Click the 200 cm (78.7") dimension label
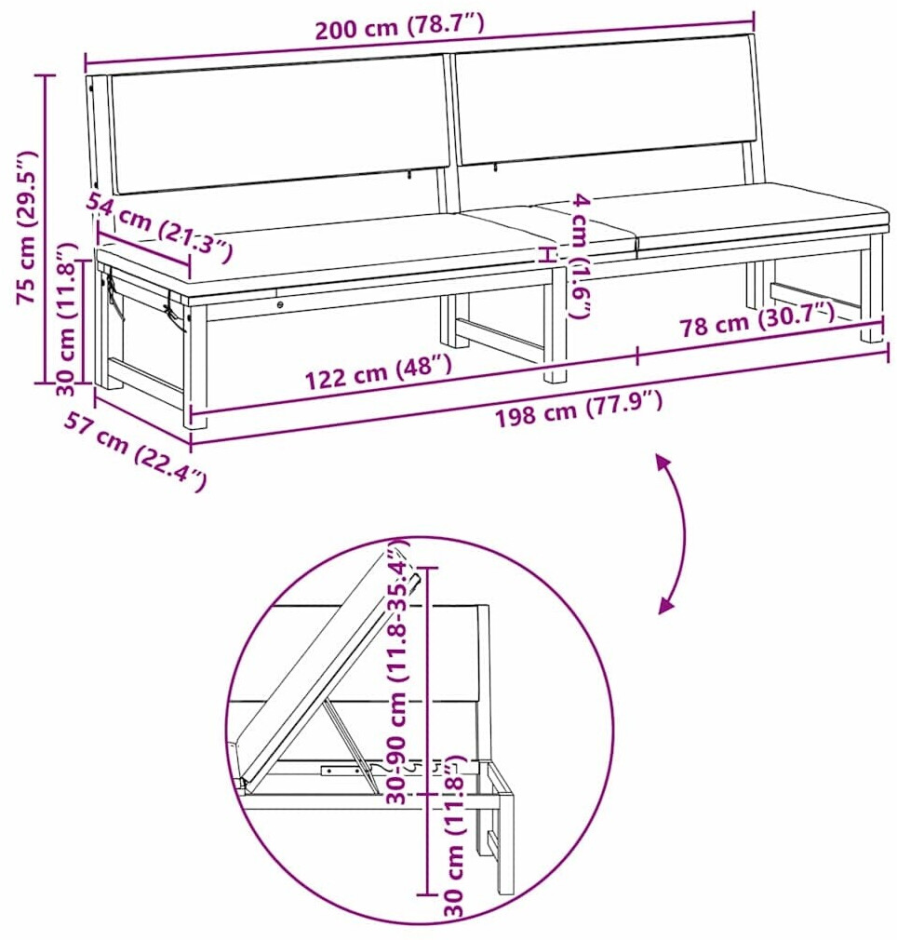400,26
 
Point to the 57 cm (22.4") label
136,450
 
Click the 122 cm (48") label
378,371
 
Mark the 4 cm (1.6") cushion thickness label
580,255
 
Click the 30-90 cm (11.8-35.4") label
398,671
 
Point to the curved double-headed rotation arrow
684,533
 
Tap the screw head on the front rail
280,305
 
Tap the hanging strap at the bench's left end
114,297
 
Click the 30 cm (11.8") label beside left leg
68,319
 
